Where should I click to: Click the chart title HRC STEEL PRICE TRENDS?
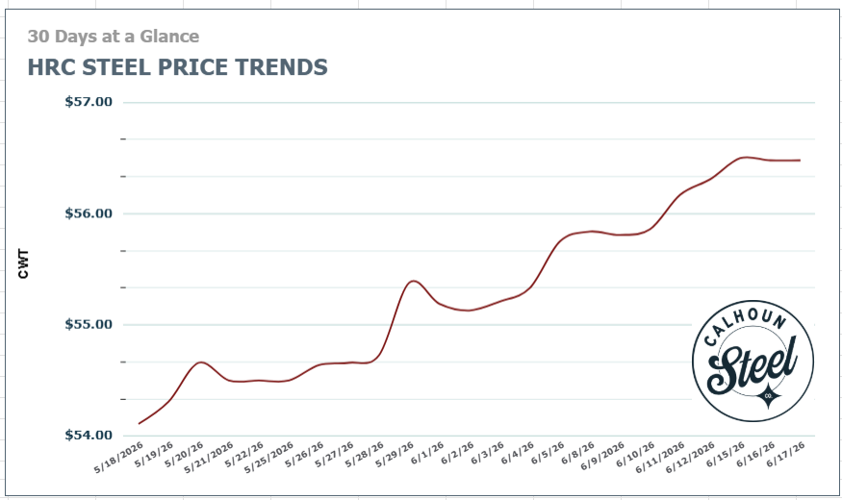[x=177, y=67]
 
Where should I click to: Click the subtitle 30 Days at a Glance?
[x=114, y=36]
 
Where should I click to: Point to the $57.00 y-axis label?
[x=89, y=101]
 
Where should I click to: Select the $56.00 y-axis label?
[x=89, y=213]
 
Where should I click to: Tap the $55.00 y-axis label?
[x=89, y=324]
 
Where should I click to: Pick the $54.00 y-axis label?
[x=89, y=435]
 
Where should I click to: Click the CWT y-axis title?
[x=23, y=263]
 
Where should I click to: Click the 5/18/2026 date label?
[x=118, y=458]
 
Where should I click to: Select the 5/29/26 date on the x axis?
[x=395, y=455]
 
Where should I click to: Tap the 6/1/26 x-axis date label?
[x=427, y=453]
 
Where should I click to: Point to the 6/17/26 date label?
[x=785, y=455]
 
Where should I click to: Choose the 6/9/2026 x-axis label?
[x=602, y=457]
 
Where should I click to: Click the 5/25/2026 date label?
[x=269, y=458]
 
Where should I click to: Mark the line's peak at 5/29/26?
[x=413, y=281]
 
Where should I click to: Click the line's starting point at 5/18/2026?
[x=139, y=424]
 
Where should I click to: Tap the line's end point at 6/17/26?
[x=800, y=161]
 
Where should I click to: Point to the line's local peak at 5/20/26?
[x=200, y=362]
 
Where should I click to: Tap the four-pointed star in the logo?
[x=768, y=396]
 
